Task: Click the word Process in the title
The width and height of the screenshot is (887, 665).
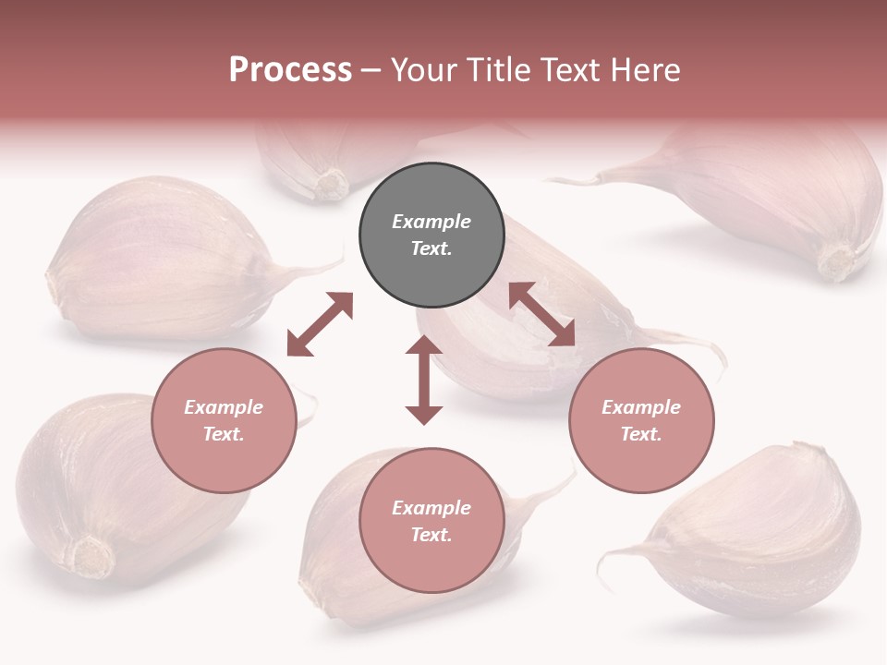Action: [x=290, y=69]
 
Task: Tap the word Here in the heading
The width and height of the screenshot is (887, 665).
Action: [x=646, y=69]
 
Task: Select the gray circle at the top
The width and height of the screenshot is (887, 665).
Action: [x=431, y=236]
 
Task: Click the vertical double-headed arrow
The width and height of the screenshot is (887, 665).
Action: [x=424, y=380]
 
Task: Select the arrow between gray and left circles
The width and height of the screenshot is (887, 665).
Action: [x=320, y=324]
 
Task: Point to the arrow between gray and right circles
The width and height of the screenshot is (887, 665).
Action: [x=541, y=314]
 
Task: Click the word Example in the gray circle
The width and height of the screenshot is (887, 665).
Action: [x=431, y=222]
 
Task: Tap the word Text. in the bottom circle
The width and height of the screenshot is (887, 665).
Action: [x=431, y=535]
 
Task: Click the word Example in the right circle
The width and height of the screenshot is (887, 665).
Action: [x=641, y=407]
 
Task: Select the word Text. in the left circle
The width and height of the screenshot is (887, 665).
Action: [x=224, y=434]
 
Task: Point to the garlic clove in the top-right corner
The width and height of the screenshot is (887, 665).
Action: [x=767, y=194]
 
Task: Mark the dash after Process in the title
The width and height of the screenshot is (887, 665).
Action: [x=371, y=70]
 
